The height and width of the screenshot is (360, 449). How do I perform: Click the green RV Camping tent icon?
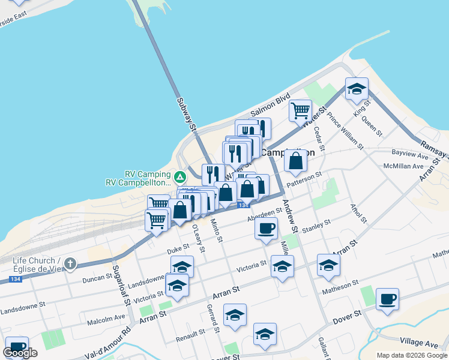(x=179, y=177)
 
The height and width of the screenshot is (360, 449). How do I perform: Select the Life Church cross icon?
(x=70, y=263)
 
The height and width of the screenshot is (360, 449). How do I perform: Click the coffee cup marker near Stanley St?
(x=266, y=228)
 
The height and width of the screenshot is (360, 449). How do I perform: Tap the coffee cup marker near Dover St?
(x=387, y=298)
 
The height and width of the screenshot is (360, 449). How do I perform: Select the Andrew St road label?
(x=291, y=216)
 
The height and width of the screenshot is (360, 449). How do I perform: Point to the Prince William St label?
(x=346, y=131)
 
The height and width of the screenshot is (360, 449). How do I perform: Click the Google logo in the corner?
(x=20, y=353)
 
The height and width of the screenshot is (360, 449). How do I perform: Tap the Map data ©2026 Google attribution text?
(x=411, y=355)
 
